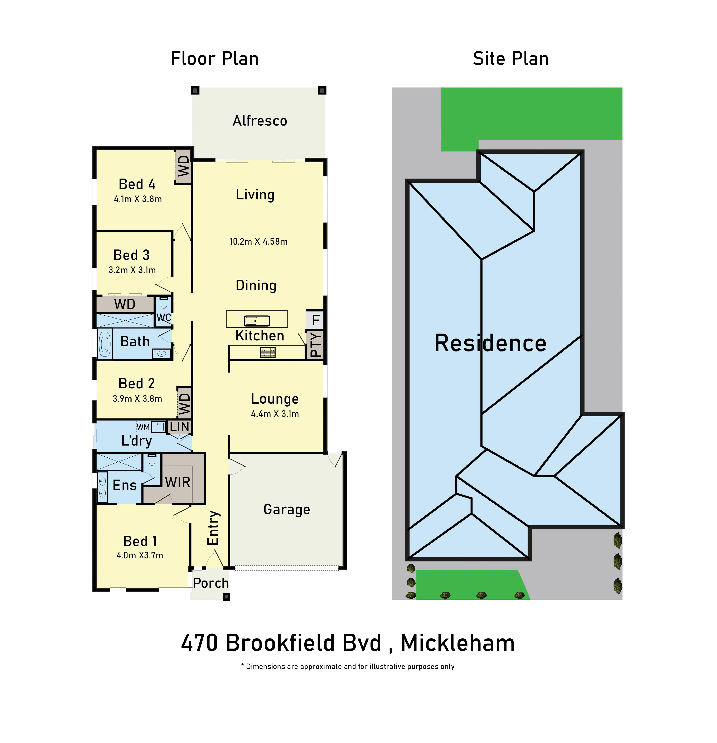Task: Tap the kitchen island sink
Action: (256, 321)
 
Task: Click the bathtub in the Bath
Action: (105, 344)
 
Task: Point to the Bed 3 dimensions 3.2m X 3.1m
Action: (132, 270)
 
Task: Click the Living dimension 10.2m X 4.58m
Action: (259, 241)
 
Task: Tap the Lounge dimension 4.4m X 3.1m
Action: (275, 414)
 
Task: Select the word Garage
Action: (287, 510)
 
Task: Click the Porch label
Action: (211, 583)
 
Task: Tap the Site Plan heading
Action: (511, 59)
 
